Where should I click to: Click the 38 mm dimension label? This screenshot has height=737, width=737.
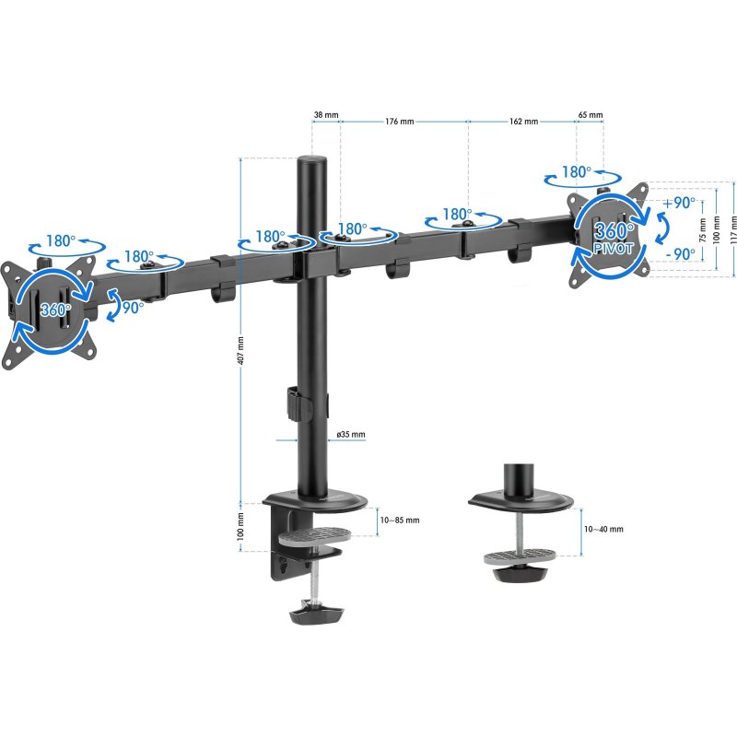pyautogui.click(x=326, y=114)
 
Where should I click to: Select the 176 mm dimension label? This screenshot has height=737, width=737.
pyautogui.click(x=400, y=122)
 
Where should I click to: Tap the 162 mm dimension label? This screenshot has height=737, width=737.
pyautogui.click(x=523, y=122)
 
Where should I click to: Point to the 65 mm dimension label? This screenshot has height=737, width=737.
pyautogui.click(x=591, y=114)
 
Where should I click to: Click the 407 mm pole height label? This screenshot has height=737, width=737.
pyautogui.click(x=240, y=350)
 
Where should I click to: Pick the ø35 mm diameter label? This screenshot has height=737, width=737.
pyautogui.click(x=351, y=435)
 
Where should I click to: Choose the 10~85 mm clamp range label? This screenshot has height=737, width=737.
pyautogui.click(x=400, y=521)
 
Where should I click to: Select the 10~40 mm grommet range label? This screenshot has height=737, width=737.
pyautogui.click(x=603, y=529)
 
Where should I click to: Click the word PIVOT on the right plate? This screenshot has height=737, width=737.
pyautogui.click(x=614, y=249)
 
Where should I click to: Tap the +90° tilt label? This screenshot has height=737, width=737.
pyautogui.click(x=679, y=203)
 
